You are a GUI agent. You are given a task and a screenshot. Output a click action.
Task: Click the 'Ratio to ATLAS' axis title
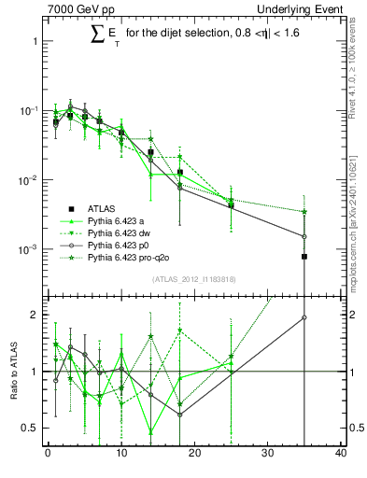click(15, 372)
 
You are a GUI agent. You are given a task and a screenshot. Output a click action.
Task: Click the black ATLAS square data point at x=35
click(304, 256)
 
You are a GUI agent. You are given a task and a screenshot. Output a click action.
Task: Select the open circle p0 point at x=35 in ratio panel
click(304, 317)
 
